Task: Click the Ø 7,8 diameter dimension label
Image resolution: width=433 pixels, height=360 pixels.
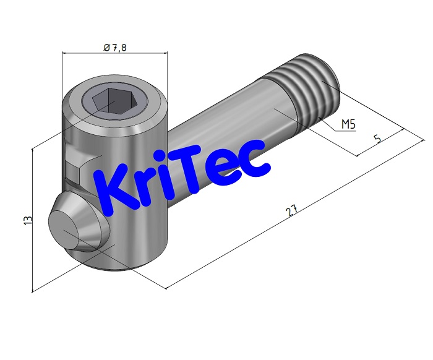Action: coord(115,47)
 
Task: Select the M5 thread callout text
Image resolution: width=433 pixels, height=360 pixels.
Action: coord(348,125)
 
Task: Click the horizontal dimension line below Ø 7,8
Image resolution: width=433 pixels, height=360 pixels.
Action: coord(115,54)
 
